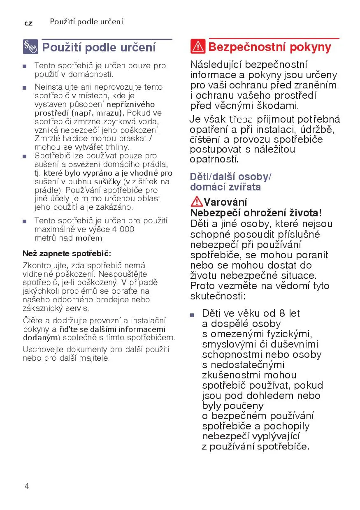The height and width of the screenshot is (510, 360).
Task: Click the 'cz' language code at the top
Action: [28, 23]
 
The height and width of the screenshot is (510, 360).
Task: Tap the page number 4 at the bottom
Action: [27, 487]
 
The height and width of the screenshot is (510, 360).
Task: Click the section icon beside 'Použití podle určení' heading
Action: [30, 47]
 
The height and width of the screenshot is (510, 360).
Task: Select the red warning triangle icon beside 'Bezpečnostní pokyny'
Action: [198, 47]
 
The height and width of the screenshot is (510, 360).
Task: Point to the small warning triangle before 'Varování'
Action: [197, 202]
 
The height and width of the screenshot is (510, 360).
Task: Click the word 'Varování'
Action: [225, 202]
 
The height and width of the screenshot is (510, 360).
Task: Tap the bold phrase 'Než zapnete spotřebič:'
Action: [67, 253]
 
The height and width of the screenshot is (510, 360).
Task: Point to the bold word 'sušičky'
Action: [107, 181]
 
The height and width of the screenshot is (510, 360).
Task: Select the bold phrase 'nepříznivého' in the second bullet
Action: [131, 104]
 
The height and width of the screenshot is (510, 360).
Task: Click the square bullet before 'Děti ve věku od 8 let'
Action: [192, 315]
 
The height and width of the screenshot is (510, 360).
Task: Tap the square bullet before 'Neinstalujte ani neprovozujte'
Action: [25, 87]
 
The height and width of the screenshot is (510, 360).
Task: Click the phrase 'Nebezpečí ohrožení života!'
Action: [255, 213]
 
